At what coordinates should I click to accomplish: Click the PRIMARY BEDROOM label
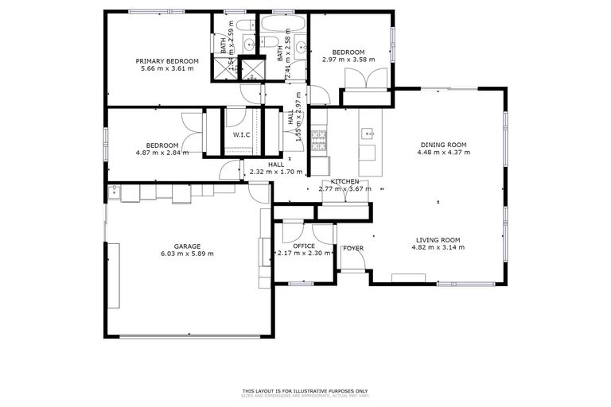166,61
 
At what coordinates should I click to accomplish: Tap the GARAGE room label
187,246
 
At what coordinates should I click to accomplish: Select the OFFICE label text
304,246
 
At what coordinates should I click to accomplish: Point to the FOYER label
353,248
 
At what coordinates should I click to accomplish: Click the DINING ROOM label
443,145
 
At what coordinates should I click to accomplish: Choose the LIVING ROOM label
438,240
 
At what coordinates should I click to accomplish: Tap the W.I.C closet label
242,134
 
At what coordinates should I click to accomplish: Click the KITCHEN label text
345,182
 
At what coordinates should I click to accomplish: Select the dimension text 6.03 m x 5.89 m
187,254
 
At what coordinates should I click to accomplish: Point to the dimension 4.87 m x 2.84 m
162,153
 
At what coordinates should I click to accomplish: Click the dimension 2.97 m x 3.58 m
348,60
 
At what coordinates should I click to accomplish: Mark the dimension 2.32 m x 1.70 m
276,172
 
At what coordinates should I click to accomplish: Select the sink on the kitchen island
368,134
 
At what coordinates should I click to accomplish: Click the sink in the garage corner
115,191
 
